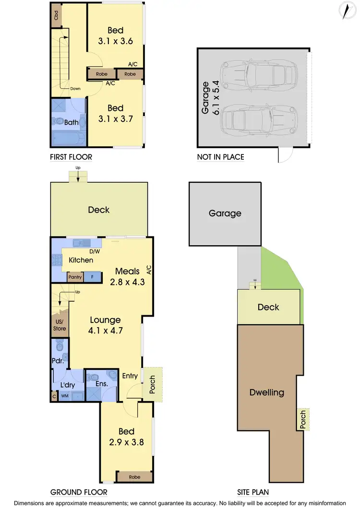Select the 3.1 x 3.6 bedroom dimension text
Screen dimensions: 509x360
pos(115,42)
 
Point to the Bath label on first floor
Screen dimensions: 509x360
pos(72,122)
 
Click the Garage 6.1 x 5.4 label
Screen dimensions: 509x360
pos(211,98)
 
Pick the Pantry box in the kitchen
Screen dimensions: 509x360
pos(75,277)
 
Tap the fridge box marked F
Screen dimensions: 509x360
pos(93,277)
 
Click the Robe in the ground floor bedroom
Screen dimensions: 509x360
pos(134,477)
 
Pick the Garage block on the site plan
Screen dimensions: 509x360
pos(225,213)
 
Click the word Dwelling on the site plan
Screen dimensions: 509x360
pos(266,392)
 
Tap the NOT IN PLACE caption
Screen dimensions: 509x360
pos(220,157)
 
